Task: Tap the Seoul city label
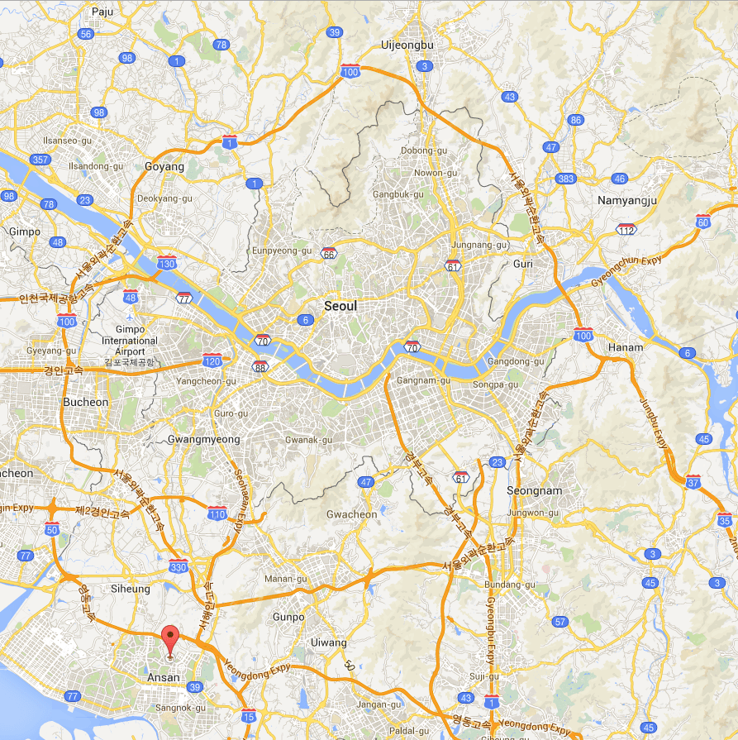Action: (x=340, y=306)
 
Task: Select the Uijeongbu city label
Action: (x=407, y=45)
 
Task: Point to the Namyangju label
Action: (x=626, y=201)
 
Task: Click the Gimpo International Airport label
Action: (x=130, y=341)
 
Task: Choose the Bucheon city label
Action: (x=85, y=403)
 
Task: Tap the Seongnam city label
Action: (x=534, y=490)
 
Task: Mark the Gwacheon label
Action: (x=351, y=514)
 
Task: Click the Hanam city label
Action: (x=625, y=347)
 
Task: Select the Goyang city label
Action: (x=164, y=166)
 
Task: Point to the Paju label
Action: (x=102, y=12)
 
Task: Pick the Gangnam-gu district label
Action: (x=422, y=380)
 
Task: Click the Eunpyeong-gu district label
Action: (x=282, y=250)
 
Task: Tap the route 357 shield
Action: (x=39, y=160)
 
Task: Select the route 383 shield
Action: (x=566, y=179)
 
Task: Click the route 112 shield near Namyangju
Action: (x=626, y=228)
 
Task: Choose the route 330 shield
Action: (x=178, y=567)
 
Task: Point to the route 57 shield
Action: (x=561, y=622)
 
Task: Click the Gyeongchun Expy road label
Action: (x=626, y=271)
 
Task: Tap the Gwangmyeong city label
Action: (x=203, y=439)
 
